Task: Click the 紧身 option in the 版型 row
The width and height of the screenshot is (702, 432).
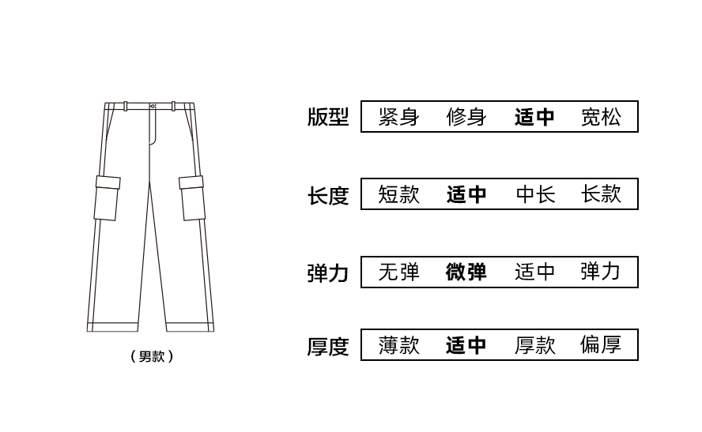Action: pos(398,117)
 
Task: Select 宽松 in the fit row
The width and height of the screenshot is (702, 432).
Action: pos(601,117)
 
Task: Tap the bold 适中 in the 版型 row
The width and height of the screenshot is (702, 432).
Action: pos(534,117)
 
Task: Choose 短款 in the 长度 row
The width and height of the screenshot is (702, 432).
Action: pos(398,194)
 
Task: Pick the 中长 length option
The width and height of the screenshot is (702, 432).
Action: pos(535,194)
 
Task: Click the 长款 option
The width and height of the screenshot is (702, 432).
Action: pos(601,194)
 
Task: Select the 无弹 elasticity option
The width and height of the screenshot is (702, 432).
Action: pos(398,272)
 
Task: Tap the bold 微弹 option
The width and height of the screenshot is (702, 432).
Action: pos(466,272)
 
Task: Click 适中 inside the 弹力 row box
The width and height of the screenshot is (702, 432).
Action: pos(535,272)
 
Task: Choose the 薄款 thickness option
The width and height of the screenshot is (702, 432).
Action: pos(398,345)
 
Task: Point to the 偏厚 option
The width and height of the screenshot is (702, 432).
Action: pos(601,345)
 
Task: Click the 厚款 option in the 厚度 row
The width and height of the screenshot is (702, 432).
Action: pos(535,345)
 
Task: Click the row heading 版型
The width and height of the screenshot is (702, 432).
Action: pos(327,117)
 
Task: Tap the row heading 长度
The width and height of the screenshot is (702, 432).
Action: pos(327,194)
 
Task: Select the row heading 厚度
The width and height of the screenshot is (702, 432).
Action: pos(327,346)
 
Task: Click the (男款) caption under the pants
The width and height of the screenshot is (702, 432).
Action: pos(151,356)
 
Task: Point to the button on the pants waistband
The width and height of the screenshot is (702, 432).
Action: pos(153,106)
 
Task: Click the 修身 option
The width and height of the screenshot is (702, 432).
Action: pos(466,117)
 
